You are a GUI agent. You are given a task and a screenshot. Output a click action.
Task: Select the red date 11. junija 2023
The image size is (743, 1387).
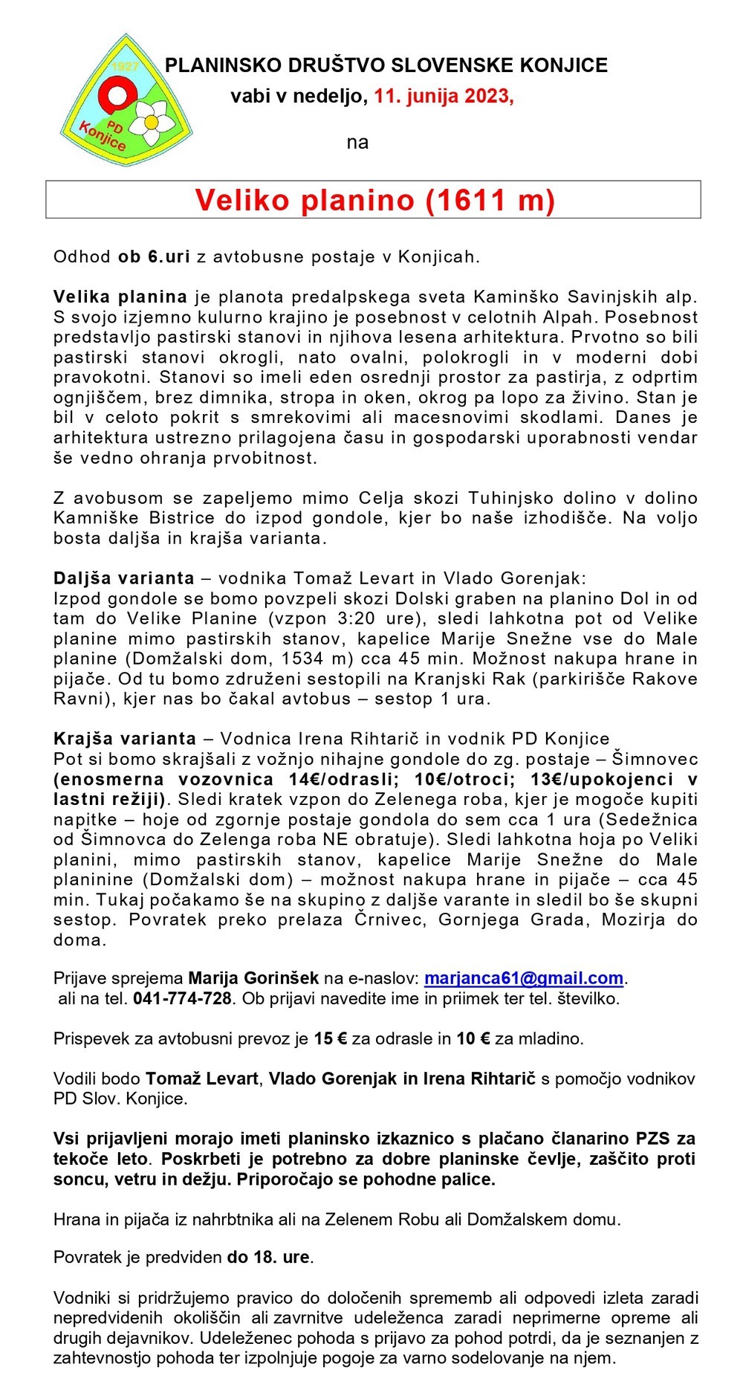point(444,97)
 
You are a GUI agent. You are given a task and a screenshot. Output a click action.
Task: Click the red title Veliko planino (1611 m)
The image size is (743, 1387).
point(374,199)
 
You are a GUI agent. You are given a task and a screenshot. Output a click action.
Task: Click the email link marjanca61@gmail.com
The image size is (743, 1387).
point(524,978)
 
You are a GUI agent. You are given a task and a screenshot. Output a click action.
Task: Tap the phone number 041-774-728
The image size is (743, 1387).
point(183,998)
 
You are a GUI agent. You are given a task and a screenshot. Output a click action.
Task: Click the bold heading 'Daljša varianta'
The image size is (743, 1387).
point(124,578)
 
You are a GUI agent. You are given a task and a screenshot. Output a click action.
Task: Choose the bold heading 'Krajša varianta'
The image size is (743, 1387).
point(125,739)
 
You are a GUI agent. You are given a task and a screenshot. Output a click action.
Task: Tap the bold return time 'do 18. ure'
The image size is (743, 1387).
point(269,1257)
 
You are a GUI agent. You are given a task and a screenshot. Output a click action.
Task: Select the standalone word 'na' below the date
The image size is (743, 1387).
point(357,142)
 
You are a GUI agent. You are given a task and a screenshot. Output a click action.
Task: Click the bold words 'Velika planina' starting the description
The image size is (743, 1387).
point(120,297)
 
